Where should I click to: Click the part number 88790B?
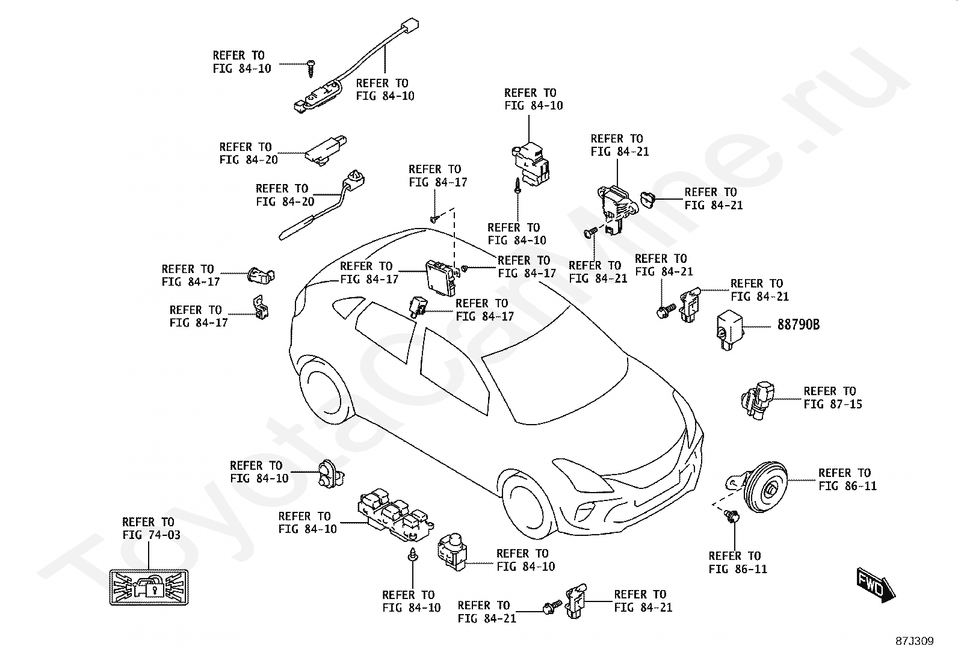(798, 325)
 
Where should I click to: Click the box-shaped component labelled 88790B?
(731, 328)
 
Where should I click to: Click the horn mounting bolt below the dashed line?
(731, 516)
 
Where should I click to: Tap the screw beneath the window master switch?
(413, 555)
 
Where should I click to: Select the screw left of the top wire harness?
(311, 67)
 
